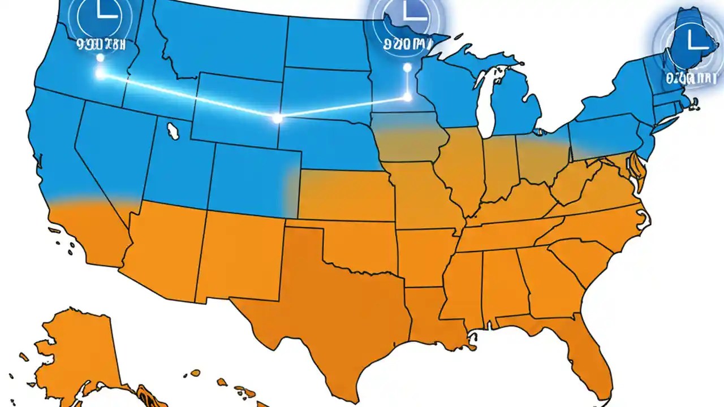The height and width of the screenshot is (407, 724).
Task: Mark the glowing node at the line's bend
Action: [x=277, y=118]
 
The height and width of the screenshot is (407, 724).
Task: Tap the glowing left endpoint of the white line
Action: [x=100, y=73]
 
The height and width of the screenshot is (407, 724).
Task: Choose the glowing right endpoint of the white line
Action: [x=407, y=97]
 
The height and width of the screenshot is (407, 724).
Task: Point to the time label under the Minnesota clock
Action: [x=404, y=43]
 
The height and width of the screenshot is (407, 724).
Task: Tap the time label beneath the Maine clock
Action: [x=687, y=77]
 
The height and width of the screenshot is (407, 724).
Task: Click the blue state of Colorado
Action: [x=249, y=175]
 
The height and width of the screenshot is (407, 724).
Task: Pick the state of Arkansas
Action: [x=424, y=254]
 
